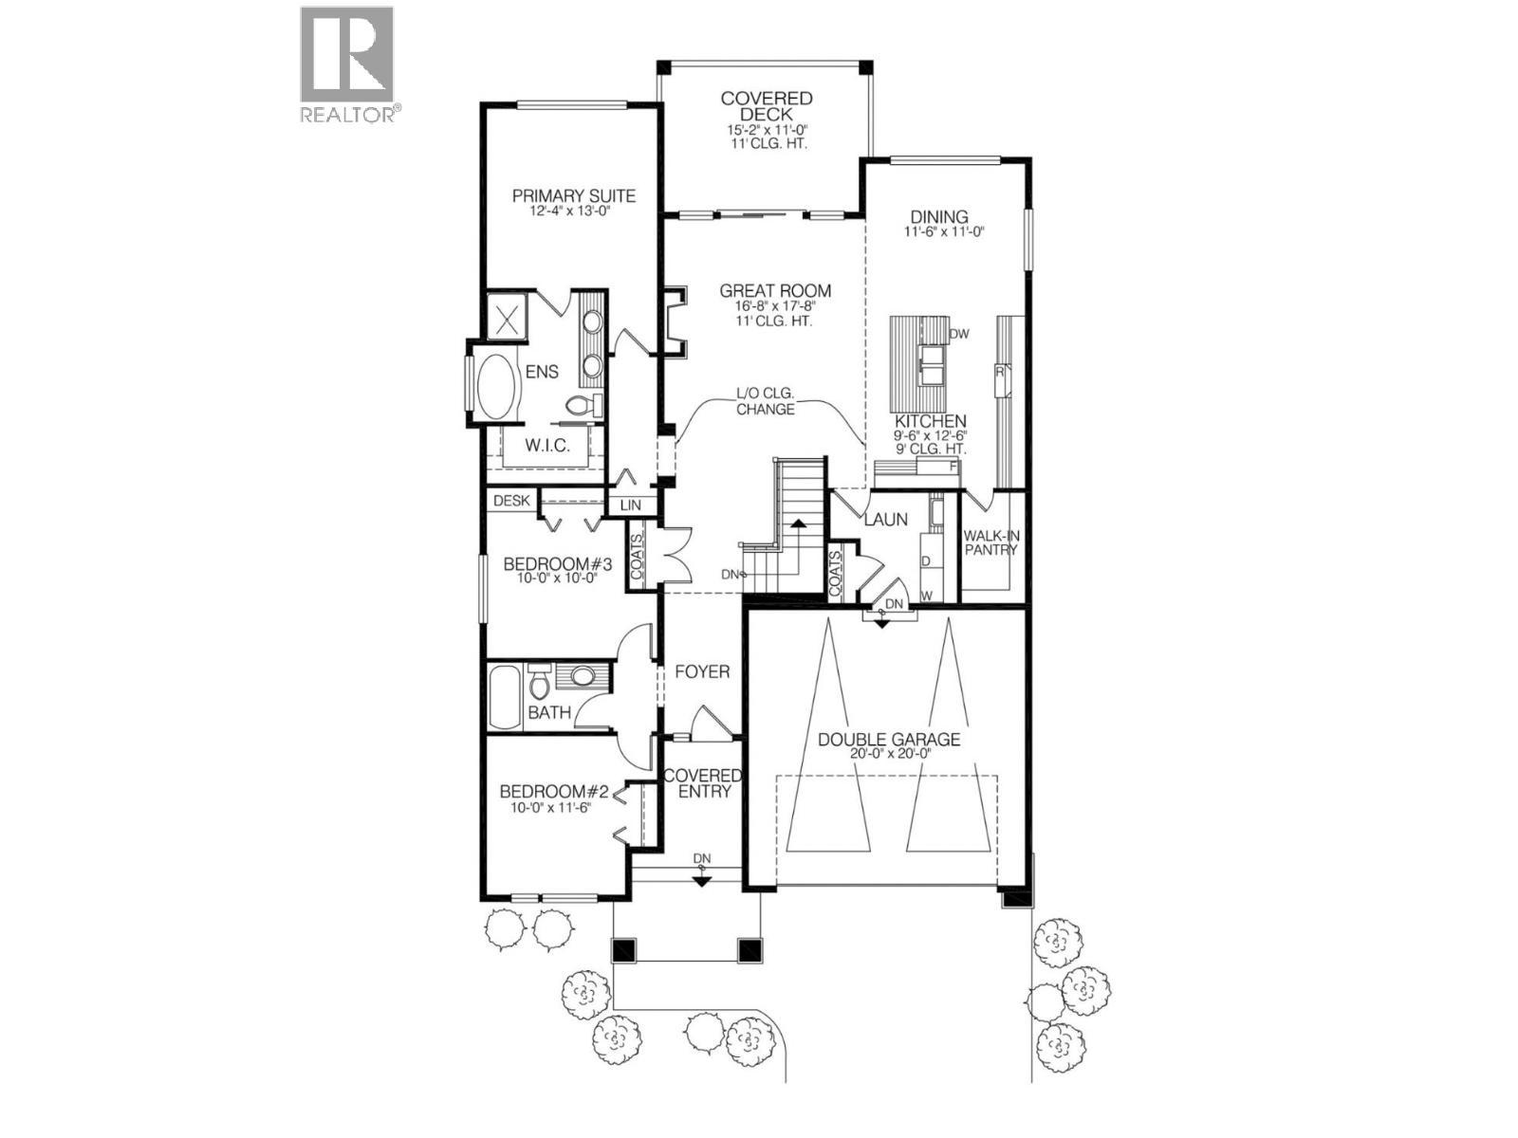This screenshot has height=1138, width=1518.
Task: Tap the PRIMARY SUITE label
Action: coord(574,196)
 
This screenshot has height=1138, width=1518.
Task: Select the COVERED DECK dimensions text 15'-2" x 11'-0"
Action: coord(766,130)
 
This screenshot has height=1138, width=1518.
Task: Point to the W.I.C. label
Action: coord(547,446)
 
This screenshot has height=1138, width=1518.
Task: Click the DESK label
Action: coord(510,501)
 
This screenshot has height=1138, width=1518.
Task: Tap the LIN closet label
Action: coord(631,506)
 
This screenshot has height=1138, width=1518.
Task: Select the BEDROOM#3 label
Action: coord(557,564)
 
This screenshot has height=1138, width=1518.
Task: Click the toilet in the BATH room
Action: coord(541,681)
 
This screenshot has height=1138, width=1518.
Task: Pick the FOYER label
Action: coord(702,672)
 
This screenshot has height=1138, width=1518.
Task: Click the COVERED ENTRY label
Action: coord(702,783)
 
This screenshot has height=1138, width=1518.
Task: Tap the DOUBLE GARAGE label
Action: coord(889,740)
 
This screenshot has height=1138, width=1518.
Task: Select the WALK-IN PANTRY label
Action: coord(991,543)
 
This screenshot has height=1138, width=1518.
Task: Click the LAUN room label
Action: coord(885,520)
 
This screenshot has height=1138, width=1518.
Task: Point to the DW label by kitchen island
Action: coord(959,334)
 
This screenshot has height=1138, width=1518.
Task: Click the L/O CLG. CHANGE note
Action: coord(765,402)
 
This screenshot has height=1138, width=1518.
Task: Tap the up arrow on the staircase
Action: coord(798,524)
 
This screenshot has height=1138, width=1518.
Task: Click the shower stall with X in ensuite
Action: coord(506,316)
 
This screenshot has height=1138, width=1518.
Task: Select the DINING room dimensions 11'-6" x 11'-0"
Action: coord(945,231)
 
